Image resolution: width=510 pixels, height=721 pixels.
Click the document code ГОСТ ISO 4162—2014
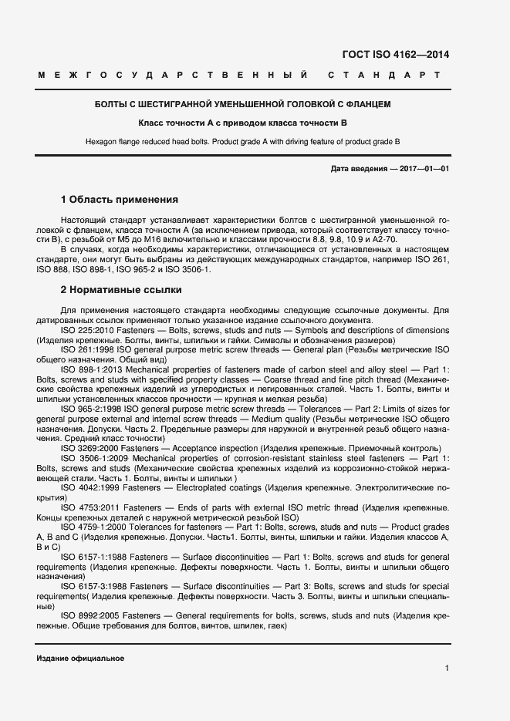394,54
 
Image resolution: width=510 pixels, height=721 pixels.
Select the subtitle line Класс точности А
242,123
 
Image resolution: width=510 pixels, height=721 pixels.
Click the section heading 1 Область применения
120,199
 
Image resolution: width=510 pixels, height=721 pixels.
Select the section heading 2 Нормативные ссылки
121,290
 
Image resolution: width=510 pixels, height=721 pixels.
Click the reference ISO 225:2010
92,330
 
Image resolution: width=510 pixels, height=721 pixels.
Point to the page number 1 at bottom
447,667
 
